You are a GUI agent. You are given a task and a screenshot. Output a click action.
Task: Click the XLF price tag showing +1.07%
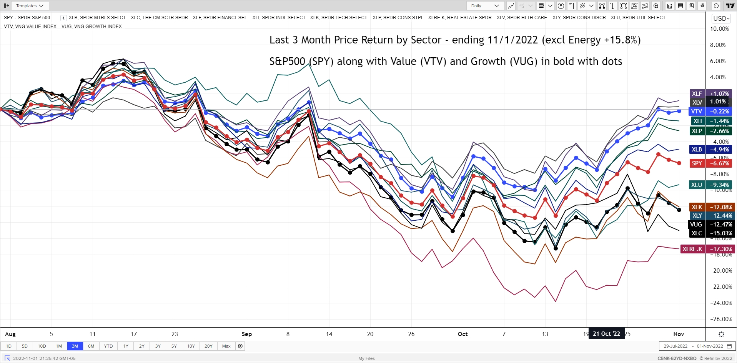click(711, 93)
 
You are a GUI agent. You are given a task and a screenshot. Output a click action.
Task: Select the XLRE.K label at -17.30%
click(707, 249)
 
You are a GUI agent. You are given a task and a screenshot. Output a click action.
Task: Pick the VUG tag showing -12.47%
click(710, 225)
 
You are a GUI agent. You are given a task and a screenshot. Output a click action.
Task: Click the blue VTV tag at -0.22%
click(710, 112)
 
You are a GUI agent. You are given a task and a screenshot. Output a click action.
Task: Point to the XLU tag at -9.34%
click(710, 185)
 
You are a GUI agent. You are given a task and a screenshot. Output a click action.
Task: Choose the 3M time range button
click(75, 346)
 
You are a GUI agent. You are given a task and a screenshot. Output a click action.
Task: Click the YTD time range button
click(108, 346)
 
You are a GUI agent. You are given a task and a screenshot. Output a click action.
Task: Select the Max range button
click(226, 346)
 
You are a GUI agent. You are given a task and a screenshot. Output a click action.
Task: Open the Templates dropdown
click(30, 6)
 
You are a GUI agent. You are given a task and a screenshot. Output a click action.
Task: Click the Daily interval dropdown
click(485, 6)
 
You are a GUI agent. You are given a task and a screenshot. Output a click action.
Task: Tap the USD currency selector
click(721, 18)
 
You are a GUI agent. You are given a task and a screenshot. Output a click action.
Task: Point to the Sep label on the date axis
click(246, 334)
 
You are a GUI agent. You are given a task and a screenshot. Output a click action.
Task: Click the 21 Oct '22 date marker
click(606, 334)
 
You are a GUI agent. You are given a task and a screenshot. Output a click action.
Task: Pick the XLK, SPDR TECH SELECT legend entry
click(338, 18)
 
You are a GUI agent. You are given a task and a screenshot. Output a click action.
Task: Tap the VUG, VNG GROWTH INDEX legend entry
click(92, 27)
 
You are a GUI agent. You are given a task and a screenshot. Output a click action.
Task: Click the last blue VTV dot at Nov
click(679, 111)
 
